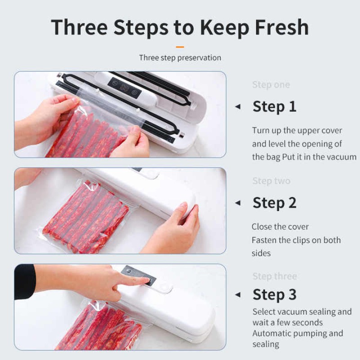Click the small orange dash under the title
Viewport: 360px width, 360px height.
click(x=180, y=46)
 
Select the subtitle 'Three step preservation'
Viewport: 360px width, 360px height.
click(x=180, y=58)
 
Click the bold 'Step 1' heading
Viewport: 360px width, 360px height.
click(x=274, y=107)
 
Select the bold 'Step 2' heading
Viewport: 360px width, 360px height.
click(x=274, y=203)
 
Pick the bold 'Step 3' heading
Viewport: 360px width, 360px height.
click(x=274, y=294)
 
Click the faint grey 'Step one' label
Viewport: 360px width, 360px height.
click(x=271, y=85)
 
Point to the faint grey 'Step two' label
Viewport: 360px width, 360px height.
click(x=271, y=181)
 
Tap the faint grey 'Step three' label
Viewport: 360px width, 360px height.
click(x=274, y=276)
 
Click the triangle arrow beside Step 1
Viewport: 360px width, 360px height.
click(x=238, y=107)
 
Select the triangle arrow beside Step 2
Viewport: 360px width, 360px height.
click(x=238, y=203)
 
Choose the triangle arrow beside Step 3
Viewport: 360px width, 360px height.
click(x=238, y=295)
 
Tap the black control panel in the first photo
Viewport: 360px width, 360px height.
click(x=125, y=87)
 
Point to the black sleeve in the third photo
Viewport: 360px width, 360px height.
click(x=25, y=282)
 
